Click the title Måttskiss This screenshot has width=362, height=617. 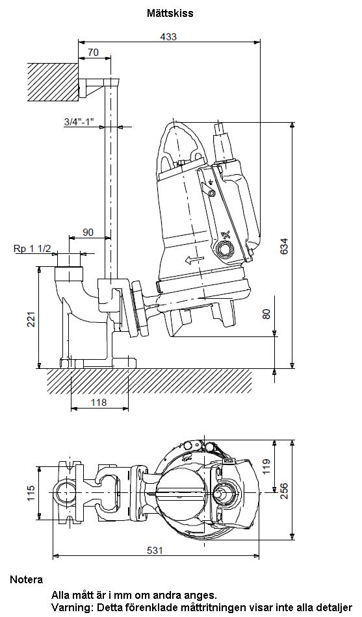point(170,13)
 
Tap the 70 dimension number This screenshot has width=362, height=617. point(94,53)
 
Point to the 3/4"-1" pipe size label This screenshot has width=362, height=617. point(79,121)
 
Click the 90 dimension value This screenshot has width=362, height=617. point(88,232)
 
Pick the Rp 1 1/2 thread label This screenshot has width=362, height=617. point(32,249)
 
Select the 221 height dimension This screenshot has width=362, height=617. point(32,319)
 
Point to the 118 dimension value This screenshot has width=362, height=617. point(99,402)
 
